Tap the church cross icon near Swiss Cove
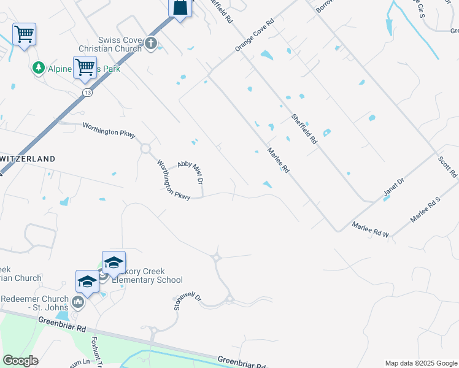click(152, 43)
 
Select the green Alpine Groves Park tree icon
click(39, 67)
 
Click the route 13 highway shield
click(88, 92)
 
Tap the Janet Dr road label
click(395, 188)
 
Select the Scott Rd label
click(447, 167)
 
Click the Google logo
click(20, 361)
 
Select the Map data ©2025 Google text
click(421, 363)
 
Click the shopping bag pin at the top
click(180, 8)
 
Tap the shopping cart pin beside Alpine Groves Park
click(85, 66)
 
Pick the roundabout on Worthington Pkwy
click(145, 148)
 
